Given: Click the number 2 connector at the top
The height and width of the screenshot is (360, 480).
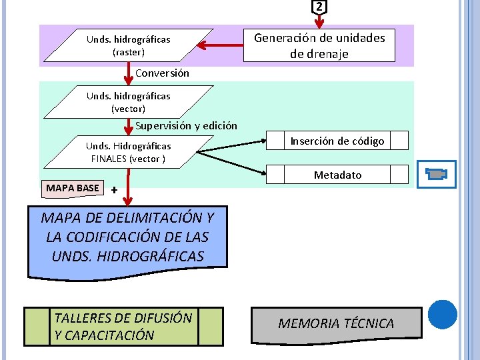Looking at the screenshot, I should [319, 7].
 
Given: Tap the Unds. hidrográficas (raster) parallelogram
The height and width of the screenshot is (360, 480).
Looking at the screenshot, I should [128, 45].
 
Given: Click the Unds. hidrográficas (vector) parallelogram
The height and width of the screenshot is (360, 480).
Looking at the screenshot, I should [128, 102].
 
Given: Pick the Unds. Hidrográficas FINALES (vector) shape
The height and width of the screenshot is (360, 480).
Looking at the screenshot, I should [128, 152].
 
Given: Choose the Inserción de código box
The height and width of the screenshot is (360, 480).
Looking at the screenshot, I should [337, 141].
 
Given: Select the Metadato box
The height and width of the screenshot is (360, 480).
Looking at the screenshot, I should [337, 175].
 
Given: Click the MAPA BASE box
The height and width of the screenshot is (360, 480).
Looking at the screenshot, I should [72, 188].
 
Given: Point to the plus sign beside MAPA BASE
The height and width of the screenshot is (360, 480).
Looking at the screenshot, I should [115, 190].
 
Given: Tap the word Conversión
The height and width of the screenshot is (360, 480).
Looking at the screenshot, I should [162, 73].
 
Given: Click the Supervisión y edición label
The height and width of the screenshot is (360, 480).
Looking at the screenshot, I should [186, 125].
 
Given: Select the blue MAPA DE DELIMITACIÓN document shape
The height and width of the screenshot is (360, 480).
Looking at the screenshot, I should [127, 239].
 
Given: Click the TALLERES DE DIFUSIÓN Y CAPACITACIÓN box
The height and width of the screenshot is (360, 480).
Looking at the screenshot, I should [123, 327].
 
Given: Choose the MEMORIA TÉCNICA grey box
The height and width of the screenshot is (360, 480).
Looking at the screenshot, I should [336, 323].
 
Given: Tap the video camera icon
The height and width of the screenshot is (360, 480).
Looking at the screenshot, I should [437, 174].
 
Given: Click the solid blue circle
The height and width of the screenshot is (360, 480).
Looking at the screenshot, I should [442, 315].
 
